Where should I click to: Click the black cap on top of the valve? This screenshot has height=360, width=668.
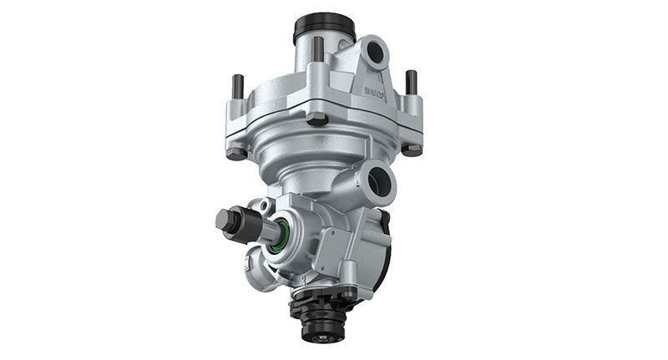324,28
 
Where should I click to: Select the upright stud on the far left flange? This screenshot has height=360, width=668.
238,87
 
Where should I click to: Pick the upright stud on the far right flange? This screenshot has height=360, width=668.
411,82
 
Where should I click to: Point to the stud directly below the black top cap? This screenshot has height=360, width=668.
318,50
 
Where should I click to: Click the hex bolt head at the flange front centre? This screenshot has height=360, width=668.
317,119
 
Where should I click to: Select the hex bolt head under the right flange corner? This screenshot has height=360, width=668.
412,150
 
